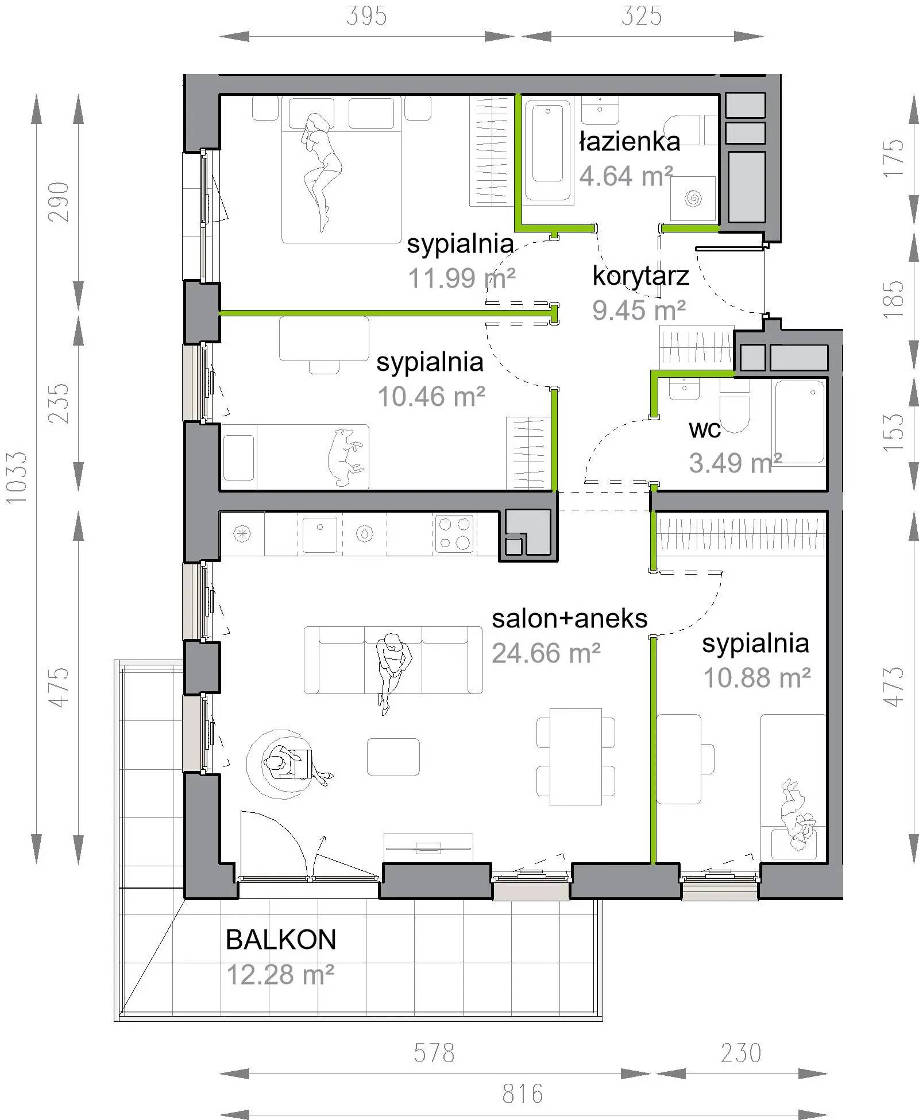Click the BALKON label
point(281,940)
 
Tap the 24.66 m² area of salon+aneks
point(546,653)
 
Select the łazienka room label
point(630,142)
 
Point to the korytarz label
point(640,277)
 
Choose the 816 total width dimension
point(523,1094)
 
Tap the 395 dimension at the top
point(366,16)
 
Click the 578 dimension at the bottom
point(434,1053)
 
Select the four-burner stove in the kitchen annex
point(455,533)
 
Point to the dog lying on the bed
point(344,457)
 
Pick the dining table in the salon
point(576,757)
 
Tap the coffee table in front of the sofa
point(393,757)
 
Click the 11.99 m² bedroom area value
point(462,279)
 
